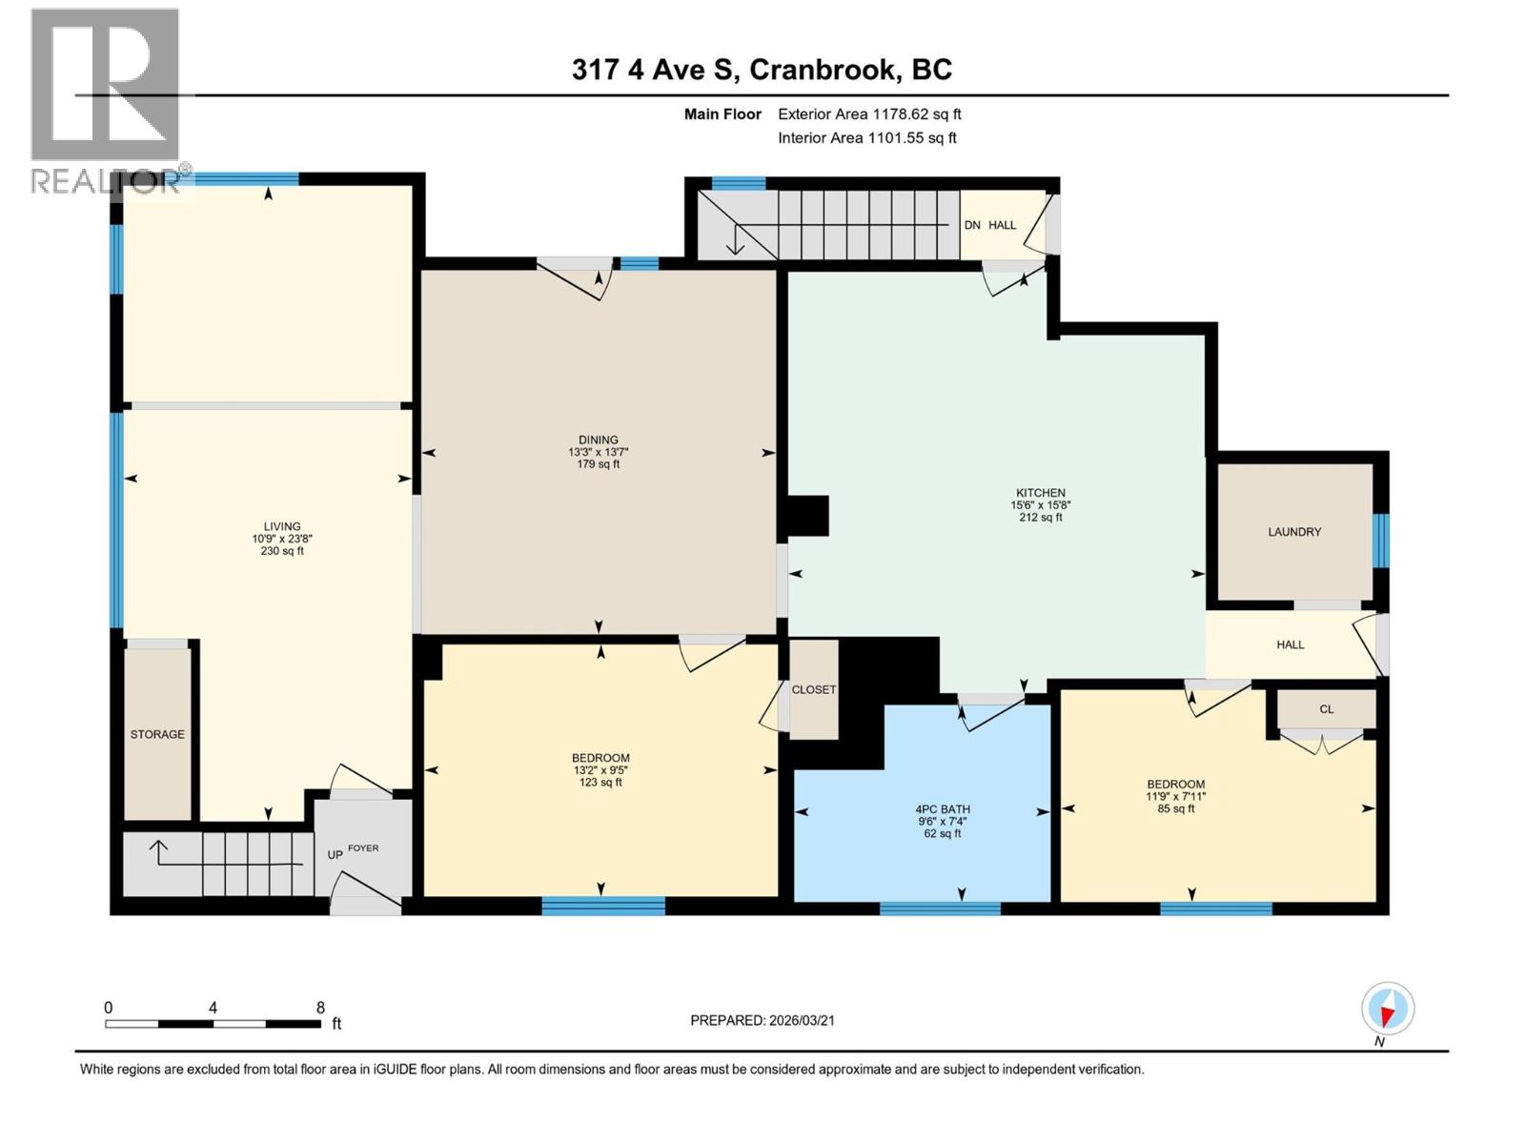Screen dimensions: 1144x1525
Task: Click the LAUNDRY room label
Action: [x=1293, y=532]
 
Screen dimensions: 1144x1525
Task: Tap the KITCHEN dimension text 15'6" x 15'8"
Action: [x=1040, y=505]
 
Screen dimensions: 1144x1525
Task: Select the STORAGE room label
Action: [x=157, y=734]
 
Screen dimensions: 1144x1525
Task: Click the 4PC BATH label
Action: [x=942, y=809]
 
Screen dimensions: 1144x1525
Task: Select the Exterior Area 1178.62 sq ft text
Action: [x=868, y=114]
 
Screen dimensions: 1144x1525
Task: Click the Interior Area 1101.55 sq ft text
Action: [x=866, y=138]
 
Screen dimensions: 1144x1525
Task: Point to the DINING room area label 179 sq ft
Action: [x=599, y=464]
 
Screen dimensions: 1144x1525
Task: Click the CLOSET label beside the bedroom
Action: [x=813, y=689]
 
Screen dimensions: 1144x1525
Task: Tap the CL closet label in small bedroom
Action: [x=1326, y=709]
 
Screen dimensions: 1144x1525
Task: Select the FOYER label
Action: [x=363, y=848]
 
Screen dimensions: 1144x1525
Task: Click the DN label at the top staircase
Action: [x=972, y=225]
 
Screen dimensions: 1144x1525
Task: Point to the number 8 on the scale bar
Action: [x=320, y=1008]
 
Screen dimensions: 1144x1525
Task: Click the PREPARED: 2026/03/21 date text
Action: [x=762, y=1020]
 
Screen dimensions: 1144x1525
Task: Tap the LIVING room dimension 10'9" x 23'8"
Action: [x=281, y=539]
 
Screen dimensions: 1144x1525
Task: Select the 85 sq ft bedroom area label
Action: [x=1175, y=808]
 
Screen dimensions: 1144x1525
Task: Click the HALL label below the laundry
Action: [x=1290, y=644]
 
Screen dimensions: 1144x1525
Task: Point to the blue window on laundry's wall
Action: [x=1379, y=540]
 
